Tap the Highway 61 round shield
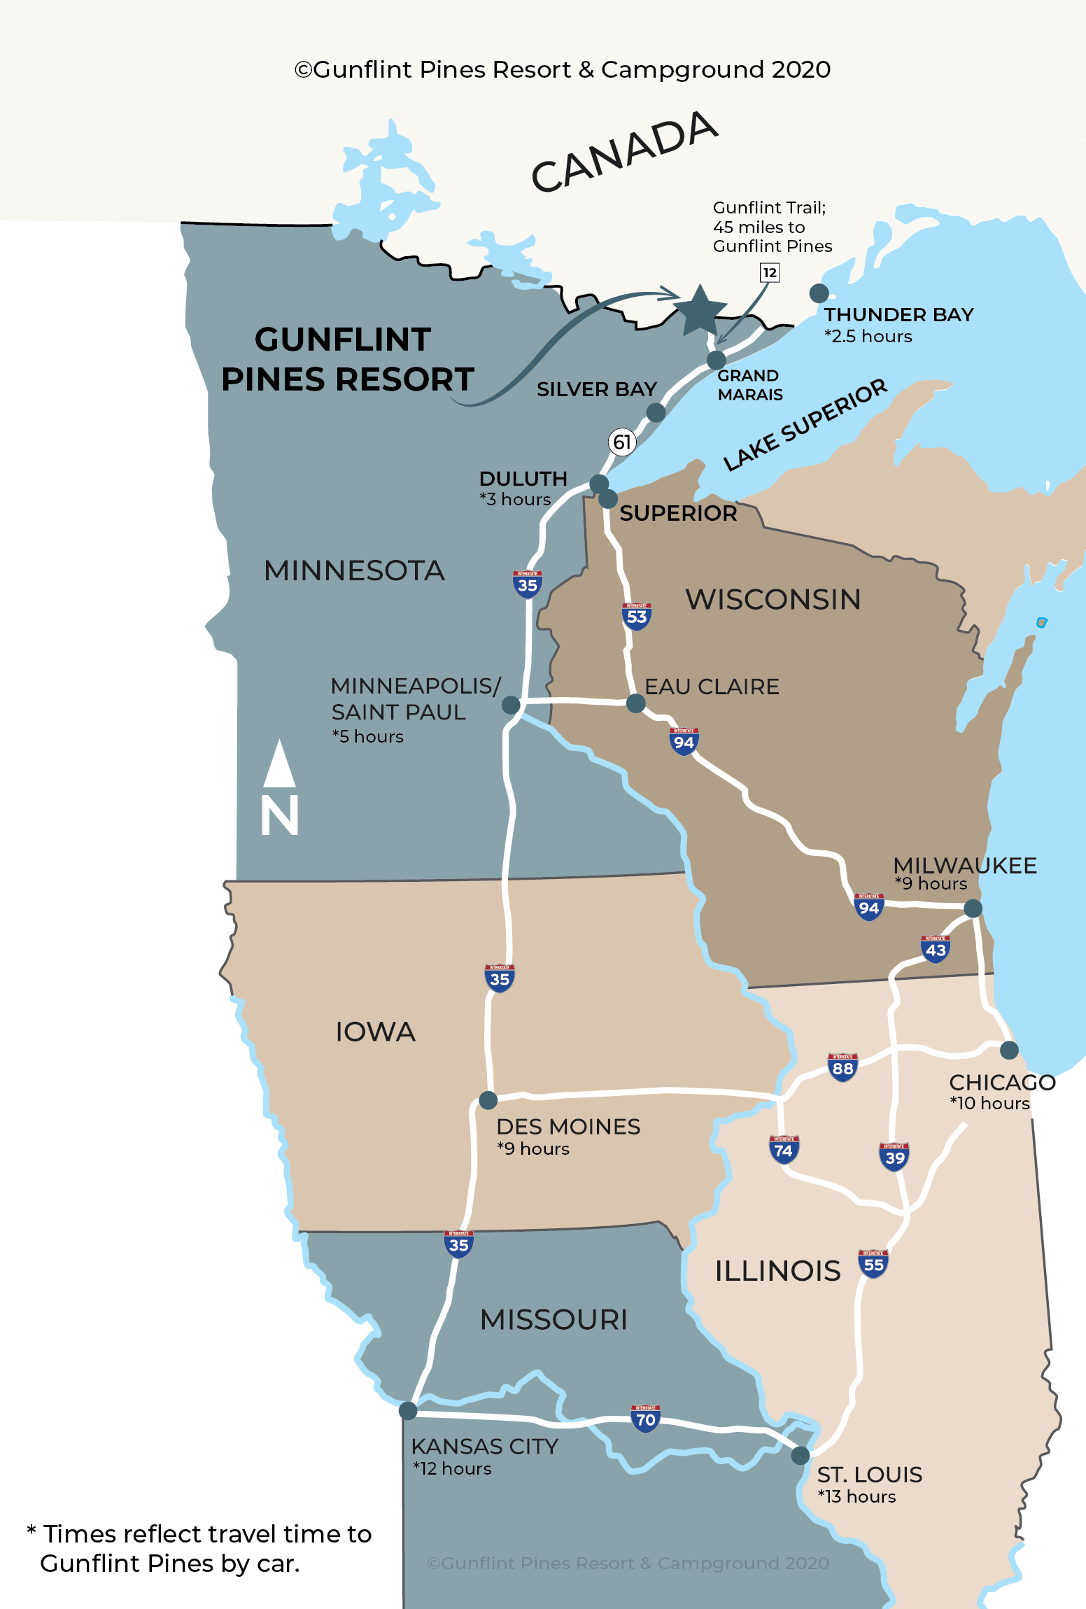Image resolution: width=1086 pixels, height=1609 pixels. click(621, 442)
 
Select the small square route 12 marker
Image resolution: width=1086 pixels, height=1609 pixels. click(770, 272)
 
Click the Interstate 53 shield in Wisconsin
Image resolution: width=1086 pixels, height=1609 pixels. click(637, 617)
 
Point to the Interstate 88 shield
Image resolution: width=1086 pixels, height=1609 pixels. click(842, 1068)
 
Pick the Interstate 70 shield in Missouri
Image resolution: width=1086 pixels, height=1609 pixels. click(645, 1419)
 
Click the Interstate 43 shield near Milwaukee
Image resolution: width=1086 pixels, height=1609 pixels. click(936, 950)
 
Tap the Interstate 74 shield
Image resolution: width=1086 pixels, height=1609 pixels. click(784, 1150)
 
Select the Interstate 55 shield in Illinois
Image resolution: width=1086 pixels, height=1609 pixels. click(873, 1264)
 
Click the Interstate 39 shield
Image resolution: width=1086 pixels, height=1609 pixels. click(894, 1157)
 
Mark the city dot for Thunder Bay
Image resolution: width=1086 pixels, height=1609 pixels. click(819, 293)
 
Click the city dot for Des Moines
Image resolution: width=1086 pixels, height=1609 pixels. click(488, 1100)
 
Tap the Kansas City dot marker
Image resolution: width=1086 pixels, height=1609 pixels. click(408, 1411)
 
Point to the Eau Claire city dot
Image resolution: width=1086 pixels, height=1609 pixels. click(635, 703)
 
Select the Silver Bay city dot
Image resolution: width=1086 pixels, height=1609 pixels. click(656, 413)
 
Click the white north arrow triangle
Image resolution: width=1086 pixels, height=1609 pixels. click(280, 764)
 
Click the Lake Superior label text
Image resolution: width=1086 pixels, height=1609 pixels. click(805, 425)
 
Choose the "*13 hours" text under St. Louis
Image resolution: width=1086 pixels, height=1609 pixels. click(857, 1496)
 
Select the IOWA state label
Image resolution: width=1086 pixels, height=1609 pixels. click(375, 1032)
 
